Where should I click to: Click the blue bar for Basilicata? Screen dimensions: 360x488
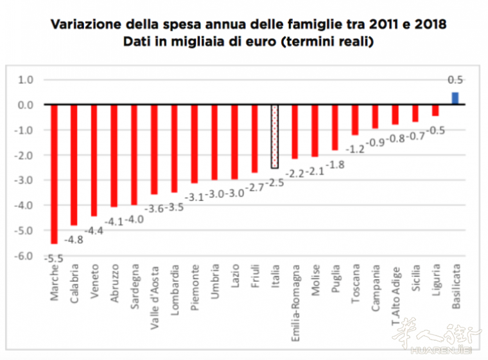point(455,98)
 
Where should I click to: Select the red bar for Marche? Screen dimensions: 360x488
point(54,173)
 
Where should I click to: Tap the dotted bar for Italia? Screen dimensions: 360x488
point(275,137)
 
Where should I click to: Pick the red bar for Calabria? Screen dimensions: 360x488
point(74,164)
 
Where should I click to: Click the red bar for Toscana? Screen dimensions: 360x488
point(354,120)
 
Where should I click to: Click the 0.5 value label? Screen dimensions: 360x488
point(455,81)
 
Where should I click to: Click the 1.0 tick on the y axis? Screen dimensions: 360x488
point(26,80)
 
